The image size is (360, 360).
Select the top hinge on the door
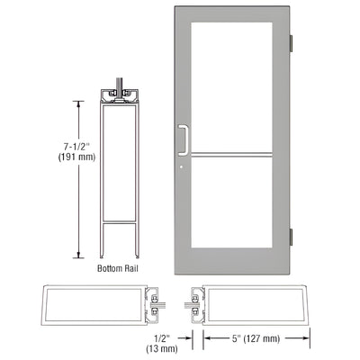pos(291,44)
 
